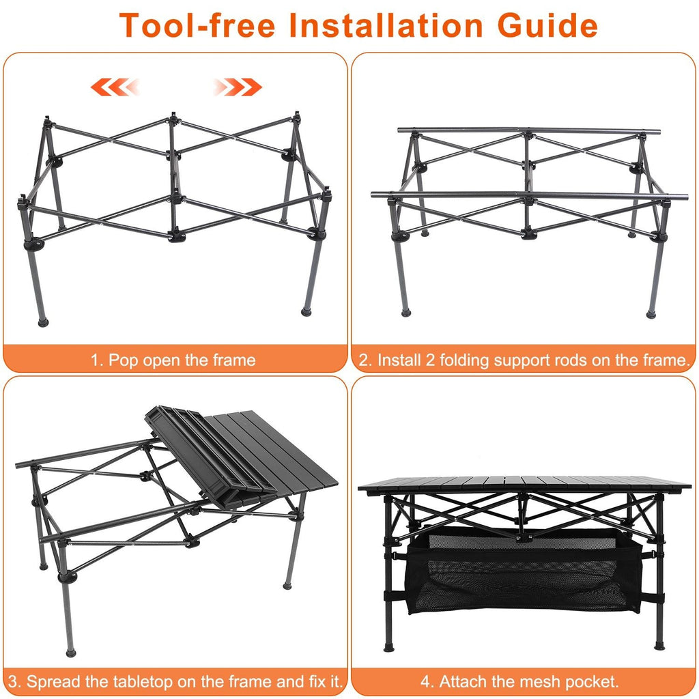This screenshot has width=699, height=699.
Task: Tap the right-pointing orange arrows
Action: click(x=236, y=87)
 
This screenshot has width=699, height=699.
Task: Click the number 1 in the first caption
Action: click(x=96, y=360)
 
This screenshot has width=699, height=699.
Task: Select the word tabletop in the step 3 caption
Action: click(x=139, y=681)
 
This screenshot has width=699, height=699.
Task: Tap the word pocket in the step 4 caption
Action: click(x=593, y=681)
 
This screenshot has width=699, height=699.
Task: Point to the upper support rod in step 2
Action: click(x=529, y=130)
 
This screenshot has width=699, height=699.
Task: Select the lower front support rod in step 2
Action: click(x=519, y=195)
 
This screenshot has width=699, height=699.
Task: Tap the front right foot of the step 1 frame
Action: click(x=306, y=312)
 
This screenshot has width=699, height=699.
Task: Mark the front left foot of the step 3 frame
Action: click(x=70, y=652)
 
